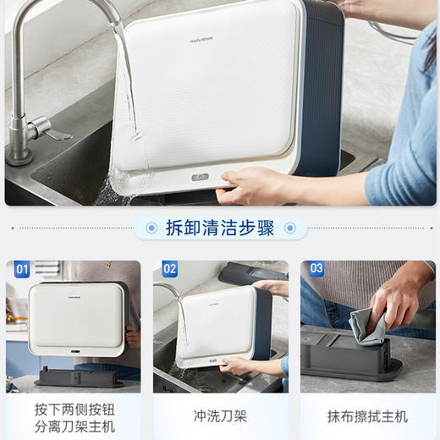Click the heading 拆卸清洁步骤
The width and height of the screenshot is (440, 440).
[x=220, y=228]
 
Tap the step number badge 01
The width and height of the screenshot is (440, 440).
[x=22, y=270]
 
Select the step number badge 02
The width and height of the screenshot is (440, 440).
[x=169, y=270]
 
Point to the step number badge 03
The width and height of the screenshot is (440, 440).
[x=316, y=270]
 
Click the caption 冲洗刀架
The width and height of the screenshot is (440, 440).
[x=219, y=416]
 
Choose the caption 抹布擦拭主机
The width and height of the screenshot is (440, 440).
[x=366, y=416]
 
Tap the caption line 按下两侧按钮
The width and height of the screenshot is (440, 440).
[x=74, y=409]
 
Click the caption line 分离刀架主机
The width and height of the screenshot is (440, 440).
[x=74, y=426]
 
